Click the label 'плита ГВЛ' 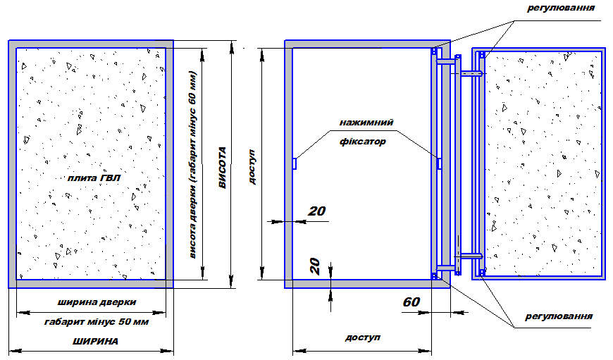point(94,178)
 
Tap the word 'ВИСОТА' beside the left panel point(223,168)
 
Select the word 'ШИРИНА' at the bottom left point(95,341)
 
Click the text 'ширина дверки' point(97,302)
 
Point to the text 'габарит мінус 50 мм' point(97,322)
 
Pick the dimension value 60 point(411,302)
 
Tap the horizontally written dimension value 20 point(316,211)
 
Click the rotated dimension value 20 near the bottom point(315,266)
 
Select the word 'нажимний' point(366,123)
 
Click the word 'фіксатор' point(362,142)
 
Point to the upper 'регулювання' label point(561,8)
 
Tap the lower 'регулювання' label point(559,316)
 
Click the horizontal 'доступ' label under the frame point(362,337)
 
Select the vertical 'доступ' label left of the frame point(252,166)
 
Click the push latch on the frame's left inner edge point(295,163)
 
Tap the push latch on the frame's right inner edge point(439,163)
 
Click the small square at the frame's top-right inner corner point(434,51)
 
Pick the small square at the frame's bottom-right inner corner point(434,276)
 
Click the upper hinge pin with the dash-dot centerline point(472,73)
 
